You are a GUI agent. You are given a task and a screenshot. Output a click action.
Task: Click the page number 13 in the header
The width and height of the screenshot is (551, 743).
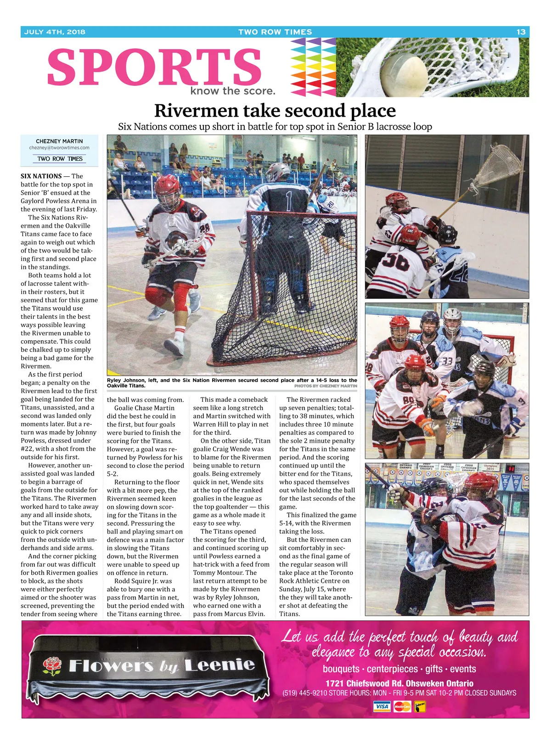coord(521,32)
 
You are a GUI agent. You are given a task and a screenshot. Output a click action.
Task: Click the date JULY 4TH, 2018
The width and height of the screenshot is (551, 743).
coord(55,32)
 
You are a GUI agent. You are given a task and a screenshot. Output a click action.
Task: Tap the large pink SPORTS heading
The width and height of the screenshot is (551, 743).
coord(154,67)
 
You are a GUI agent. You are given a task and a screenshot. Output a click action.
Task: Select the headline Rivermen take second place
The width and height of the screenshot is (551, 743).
coord(275,111)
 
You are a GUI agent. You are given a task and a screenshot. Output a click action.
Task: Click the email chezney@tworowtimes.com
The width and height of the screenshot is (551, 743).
coord(59,148)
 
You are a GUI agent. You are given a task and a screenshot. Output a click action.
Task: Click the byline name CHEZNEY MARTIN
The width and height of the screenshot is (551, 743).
coord(59,141)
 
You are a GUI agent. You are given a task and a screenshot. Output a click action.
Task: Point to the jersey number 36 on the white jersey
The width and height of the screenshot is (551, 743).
coord(395,261)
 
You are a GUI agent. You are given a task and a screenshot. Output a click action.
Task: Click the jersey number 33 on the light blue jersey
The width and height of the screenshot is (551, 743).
coord(447,361)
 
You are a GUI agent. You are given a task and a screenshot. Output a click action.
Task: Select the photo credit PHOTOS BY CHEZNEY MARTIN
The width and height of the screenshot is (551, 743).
coord(326,386)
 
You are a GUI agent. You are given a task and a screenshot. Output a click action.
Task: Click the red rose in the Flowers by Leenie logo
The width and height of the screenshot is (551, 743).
coord(52,665)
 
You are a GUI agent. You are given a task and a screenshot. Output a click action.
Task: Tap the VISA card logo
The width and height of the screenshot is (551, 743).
coord(382,706)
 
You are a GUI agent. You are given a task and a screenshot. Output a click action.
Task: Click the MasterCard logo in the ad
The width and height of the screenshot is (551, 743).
coord(402,706)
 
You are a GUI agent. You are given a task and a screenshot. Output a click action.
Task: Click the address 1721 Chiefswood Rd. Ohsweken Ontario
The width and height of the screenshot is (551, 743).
coord(399,683)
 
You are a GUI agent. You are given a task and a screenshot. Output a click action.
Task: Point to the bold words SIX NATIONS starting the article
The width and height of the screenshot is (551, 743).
coord(41,176)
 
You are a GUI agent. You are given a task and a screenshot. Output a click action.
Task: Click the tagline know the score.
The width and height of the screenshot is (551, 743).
coord(233,91)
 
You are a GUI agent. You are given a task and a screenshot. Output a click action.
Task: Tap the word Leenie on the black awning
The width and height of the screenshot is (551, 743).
coord(219,664)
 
